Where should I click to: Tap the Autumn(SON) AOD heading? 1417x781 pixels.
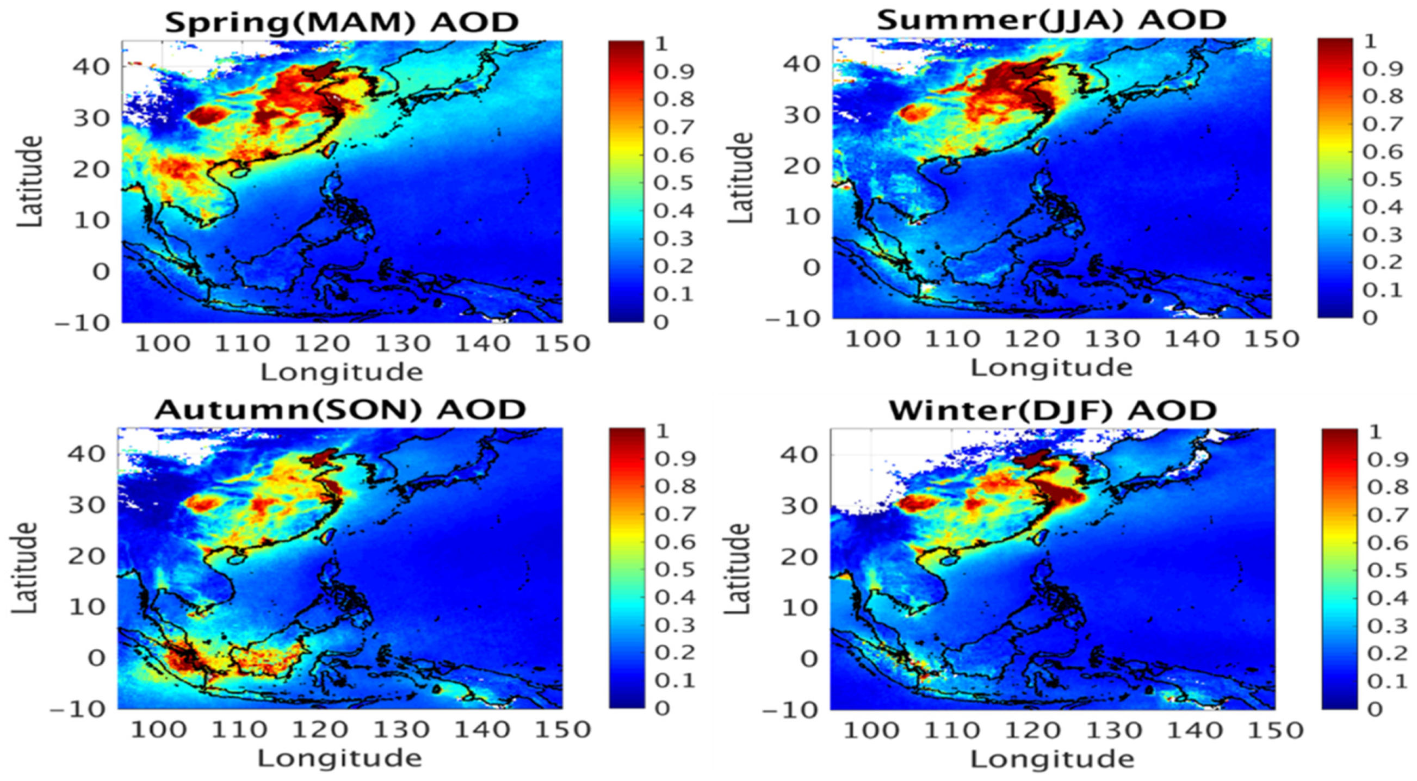point(341,410)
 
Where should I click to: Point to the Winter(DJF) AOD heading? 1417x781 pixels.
point(1053,410)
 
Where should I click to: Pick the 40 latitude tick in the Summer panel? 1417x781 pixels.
point(801,64)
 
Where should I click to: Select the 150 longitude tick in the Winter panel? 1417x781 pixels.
point(1275,730)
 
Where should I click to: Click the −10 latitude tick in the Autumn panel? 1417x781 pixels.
point(79,709)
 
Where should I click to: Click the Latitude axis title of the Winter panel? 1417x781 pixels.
point(738,569)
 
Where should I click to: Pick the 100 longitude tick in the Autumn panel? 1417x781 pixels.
point(158,730)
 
